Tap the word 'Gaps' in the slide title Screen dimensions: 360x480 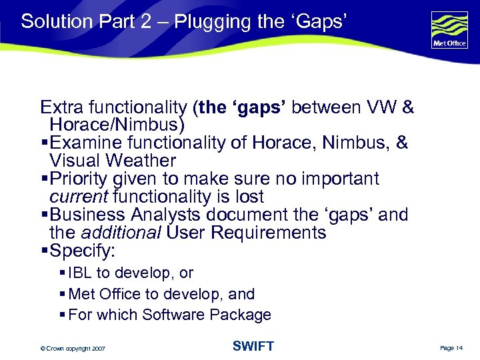coord(319,21)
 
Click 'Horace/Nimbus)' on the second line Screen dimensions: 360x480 coord(117,125)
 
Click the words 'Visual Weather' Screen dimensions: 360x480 coord(113,161)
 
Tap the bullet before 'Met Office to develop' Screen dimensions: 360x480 coord(62,294)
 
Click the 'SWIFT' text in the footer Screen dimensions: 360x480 coord(253,346)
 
